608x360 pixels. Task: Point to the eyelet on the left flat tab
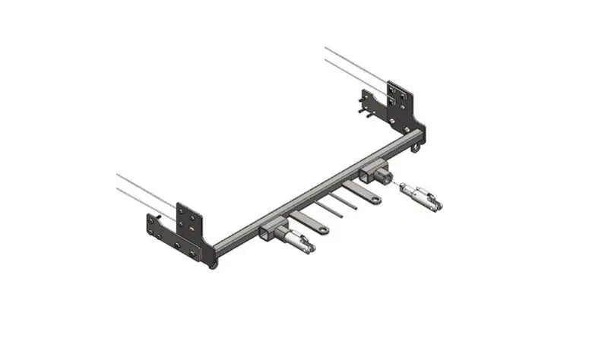click(323, 229)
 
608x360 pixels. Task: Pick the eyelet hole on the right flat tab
click(376, 199)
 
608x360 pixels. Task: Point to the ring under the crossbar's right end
click(416, 149)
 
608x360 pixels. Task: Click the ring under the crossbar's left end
click(214, 263)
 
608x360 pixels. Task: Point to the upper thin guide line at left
click(145, 187)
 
